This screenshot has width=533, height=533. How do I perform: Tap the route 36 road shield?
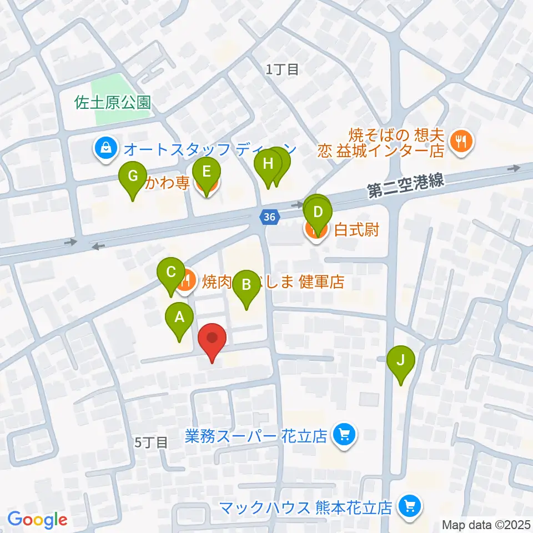269,218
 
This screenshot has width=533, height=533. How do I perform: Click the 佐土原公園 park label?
114,102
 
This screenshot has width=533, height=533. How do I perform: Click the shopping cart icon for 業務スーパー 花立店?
344,434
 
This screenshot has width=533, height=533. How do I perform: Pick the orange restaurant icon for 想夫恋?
461,141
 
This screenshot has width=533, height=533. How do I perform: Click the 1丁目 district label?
282,69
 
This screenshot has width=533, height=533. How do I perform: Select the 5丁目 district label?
151,443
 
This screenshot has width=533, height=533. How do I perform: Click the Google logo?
38,520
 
